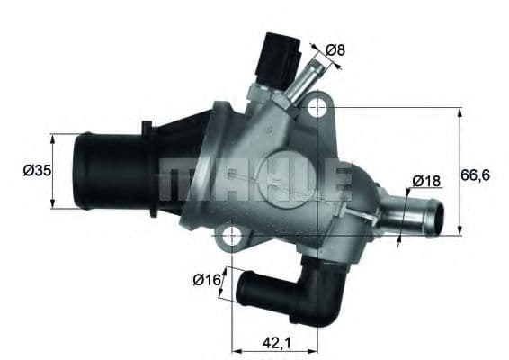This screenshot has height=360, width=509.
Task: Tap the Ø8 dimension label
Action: tap(335, 50)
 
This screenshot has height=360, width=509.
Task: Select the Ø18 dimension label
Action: tap(426, 181)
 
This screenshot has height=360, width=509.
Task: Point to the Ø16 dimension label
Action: tap(206, 280)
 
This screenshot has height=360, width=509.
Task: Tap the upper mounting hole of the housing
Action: tap(317, 109)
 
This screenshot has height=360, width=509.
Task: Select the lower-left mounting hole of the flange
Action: tap(232, 238)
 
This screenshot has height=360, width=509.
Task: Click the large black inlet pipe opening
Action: tap(85, 170)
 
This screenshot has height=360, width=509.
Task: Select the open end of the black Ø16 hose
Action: tap(243, 290)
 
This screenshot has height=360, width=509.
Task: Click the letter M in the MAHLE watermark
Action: tap(176, 180)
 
